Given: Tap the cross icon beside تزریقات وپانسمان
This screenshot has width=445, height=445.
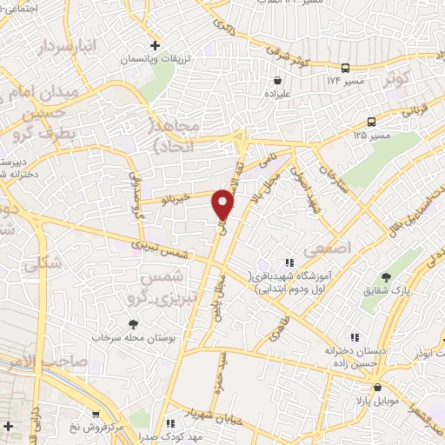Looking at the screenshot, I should tap(155, 44).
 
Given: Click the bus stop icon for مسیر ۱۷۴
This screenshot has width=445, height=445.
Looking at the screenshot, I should tap(346, 68).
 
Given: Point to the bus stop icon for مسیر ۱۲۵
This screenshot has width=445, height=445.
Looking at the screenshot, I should tap(372, 123).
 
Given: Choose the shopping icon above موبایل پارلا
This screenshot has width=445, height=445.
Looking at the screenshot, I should tap(377, 389).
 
